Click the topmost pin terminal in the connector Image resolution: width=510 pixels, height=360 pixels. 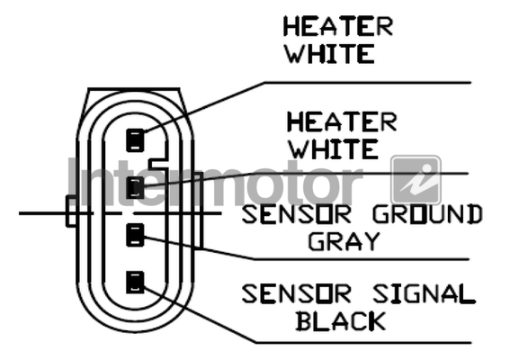click(x=135, y=140)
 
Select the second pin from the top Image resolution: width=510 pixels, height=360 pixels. click(x=135, y=188)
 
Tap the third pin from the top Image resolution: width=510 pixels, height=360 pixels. click(x=135, y=235)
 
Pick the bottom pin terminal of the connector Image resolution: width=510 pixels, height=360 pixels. click(x=135, y=283)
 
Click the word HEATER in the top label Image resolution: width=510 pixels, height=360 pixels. click(x=338, y=26)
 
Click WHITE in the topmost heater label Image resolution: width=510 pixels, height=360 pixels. click(x=330, y=54)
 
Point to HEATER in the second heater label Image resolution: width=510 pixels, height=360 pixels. click(x=342, y=122)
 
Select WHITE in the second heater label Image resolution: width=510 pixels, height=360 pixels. click(x=334, y=149)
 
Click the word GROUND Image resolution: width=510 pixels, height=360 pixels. click(x=427, y=214)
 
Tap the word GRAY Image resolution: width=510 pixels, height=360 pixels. click(x=344, y=241)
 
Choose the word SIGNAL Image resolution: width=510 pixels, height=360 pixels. click(x=424, y=294)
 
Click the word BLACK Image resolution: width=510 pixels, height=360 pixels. click(x=341, y=321)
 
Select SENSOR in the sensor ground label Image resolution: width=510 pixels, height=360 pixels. click(x=297, y=214)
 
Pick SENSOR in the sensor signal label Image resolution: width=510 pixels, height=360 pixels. click(x=297, y=294)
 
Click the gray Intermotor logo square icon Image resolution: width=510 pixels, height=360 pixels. click(x=416, y=180)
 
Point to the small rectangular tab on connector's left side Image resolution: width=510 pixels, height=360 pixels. click(x=71, y=211)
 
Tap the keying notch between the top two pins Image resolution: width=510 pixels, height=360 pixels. click(x=157, y=164)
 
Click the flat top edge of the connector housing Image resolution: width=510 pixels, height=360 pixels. click(x=134, y=88)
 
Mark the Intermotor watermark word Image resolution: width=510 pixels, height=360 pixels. click(x=215, y=182)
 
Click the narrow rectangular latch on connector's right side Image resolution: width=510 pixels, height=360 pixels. click(x=199, y=211)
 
